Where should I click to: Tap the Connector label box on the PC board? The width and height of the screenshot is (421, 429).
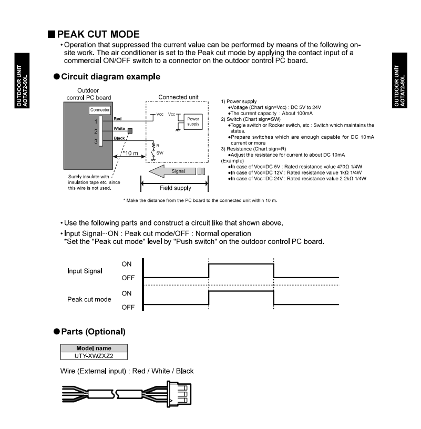99,110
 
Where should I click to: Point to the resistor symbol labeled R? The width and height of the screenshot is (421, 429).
153,144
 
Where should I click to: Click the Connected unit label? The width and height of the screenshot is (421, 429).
178,97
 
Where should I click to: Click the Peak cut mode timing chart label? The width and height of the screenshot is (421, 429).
89,299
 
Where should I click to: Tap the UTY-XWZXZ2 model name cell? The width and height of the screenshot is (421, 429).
94,355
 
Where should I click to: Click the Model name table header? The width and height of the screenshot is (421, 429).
94,348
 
